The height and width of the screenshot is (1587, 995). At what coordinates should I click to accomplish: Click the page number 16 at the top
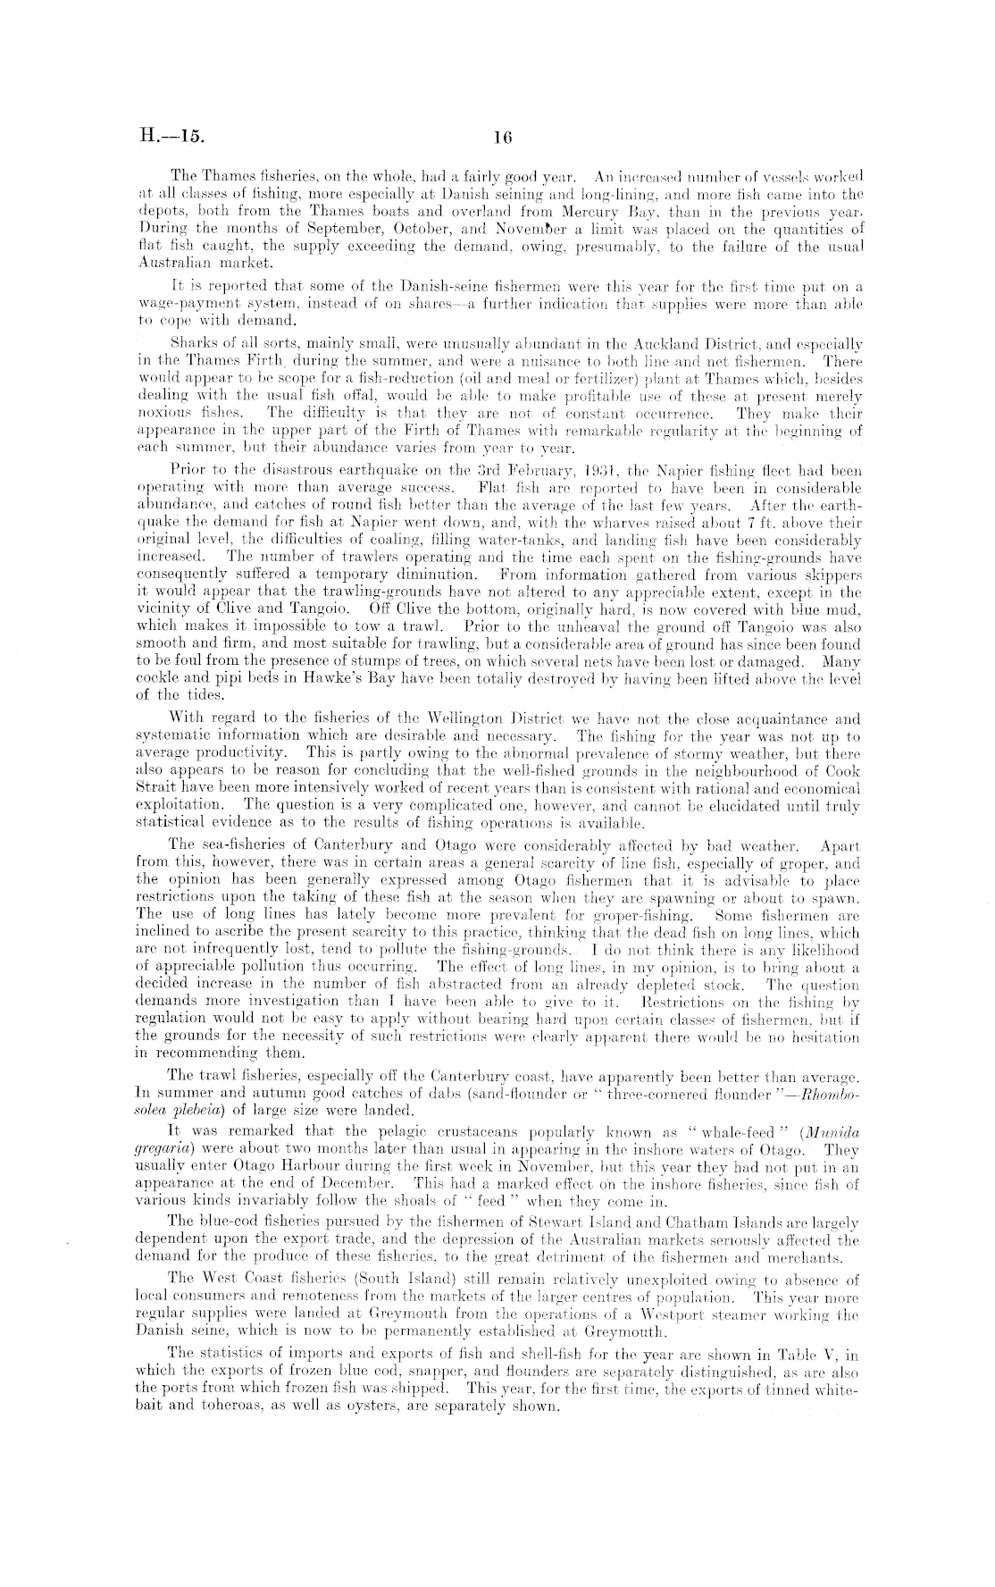point(500,138)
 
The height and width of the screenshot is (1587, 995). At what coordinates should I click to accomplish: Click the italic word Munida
point(835,1132)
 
